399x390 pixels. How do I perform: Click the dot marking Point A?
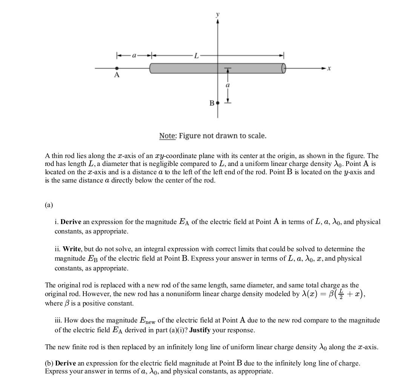(x=117, y=69)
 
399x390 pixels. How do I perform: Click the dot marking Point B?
(x=217, y=103)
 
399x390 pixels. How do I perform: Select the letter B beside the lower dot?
(x=212, y=103)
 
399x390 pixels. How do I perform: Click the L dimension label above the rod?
(x=196, y=56)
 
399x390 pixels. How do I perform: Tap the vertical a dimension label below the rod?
(x=227, y=86)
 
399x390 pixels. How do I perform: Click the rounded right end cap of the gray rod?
(x=284, y=68)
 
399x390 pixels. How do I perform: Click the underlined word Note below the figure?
(x=167, y=135)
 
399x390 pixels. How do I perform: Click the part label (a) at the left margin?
(x=49, y=205)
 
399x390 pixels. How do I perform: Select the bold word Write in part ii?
(x=71, y=249)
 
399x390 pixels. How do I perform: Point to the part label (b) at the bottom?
(x=49, y=363)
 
